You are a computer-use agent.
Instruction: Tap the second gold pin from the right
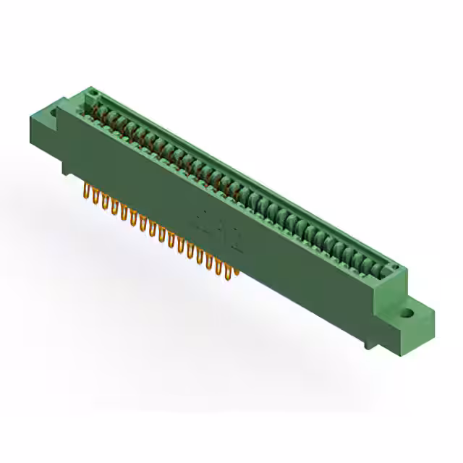coord(226,266)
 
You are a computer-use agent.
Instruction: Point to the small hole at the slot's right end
coord(395,268)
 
